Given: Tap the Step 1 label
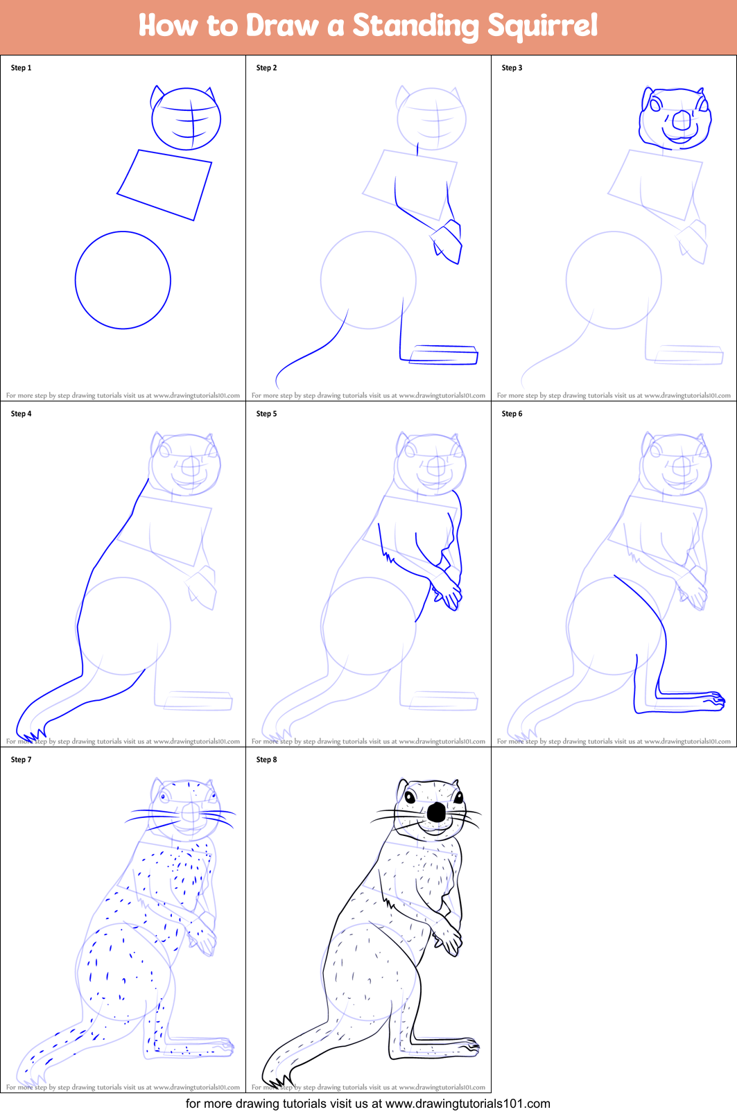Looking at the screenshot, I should coord(21,68).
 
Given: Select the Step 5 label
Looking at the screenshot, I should coord(266,414).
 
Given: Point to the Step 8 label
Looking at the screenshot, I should coord(266,760).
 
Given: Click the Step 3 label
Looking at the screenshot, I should coord(512,68).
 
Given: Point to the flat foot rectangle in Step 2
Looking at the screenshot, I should coord(444,355).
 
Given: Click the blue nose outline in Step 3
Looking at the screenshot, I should coord(682,121).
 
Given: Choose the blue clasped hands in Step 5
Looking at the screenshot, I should coord(448,593).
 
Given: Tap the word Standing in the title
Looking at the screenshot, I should coord(416,26).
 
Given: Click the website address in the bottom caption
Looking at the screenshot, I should coord(467,1104).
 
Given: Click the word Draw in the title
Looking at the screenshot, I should coord(282,26).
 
